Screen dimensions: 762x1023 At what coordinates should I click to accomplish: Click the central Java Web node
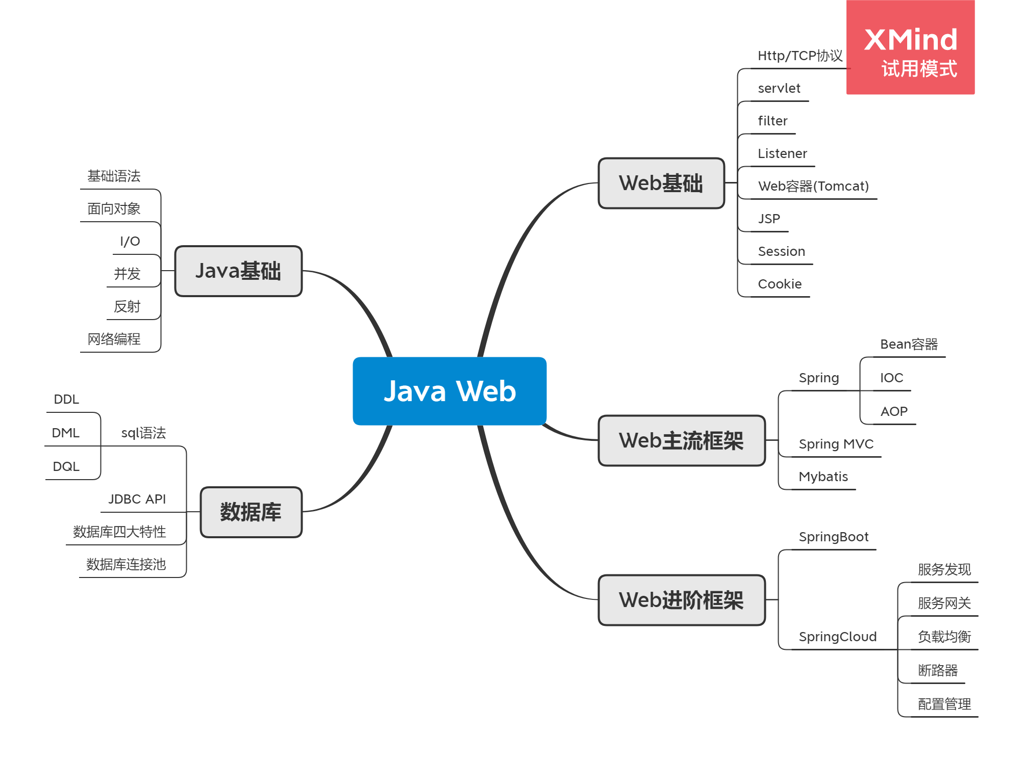[449, 391]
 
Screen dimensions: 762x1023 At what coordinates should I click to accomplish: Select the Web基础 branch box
[661, 183]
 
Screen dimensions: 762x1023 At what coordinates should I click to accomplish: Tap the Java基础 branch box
[238, 271]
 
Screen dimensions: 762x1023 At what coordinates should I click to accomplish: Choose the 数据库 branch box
[251, 512]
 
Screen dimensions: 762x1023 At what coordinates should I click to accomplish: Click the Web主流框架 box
[681, 440]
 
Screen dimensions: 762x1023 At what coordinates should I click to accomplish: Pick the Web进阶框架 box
[681, 600]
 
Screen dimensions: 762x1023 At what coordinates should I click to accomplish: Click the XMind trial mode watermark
[910, 47]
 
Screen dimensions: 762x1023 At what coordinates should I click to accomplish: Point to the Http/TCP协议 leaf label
[800, 56]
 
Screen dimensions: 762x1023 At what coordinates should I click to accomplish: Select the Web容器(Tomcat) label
[813, 186]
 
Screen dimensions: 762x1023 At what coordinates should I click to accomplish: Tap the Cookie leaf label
[779, 284]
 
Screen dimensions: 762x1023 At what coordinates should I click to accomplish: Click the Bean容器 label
[909, 344]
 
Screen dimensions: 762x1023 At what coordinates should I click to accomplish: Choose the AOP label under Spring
[893, 411]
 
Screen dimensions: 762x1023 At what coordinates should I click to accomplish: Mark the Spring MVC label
[836, 444]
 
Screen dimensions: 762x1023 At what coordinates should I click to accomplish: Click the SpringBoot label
[833, 537]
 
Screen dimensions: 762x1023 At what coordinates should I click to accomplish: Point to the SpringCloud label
[837, 637]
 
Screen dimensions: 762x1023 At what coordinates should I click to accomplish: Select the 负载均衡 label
[944, 637]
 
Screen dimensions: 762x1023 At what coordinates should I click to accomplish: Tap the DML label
[66, 433]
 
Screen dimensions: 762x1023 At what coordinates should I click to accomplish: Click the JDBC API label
[137, 499]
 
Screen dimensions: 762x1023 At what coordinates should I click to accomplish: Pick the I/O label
[130, 241]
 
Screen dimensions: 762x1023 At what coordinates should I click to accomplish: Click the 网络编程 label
[114, 339]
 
